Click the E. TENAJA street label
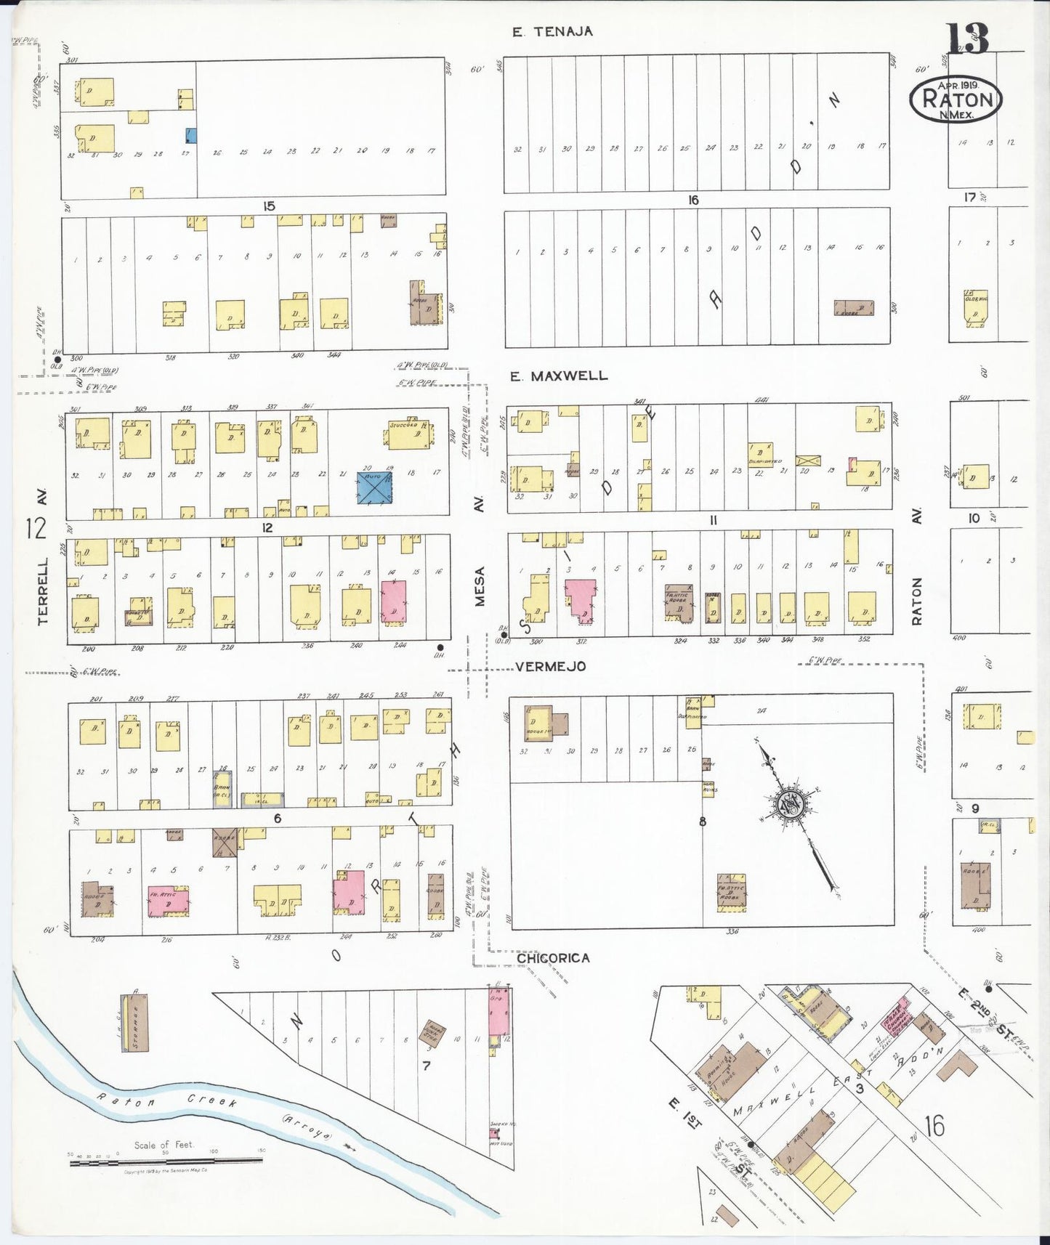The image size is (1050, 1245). point(552,31)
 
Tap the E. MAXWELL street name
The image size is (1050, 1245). point(558,376)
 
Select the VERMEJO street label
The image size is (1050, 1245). point(550,666)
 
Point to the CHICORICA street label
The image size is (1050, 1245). point(553,958)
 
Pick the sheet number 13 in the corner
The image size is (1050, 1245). point(966,38)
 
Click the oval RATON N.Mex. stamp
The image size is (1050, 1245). point(956,100)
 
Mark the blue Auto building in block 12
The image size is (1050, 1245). point(374,487)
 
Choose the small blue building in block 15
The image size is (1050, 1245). point(191,135)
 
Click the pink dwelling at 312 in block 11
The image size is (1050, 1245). point(581,599)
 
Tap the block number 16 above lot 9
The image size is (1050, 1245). point(692,200)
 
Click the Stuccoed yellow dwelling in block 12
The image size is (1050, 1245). point(410,434)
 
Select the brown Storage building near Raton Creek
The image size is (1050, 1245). point(134,1022)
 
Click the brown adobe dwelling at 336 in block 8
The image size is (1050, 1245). point(731,892)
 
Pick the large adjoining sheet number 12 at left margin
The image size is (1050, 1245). point(34,528)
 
